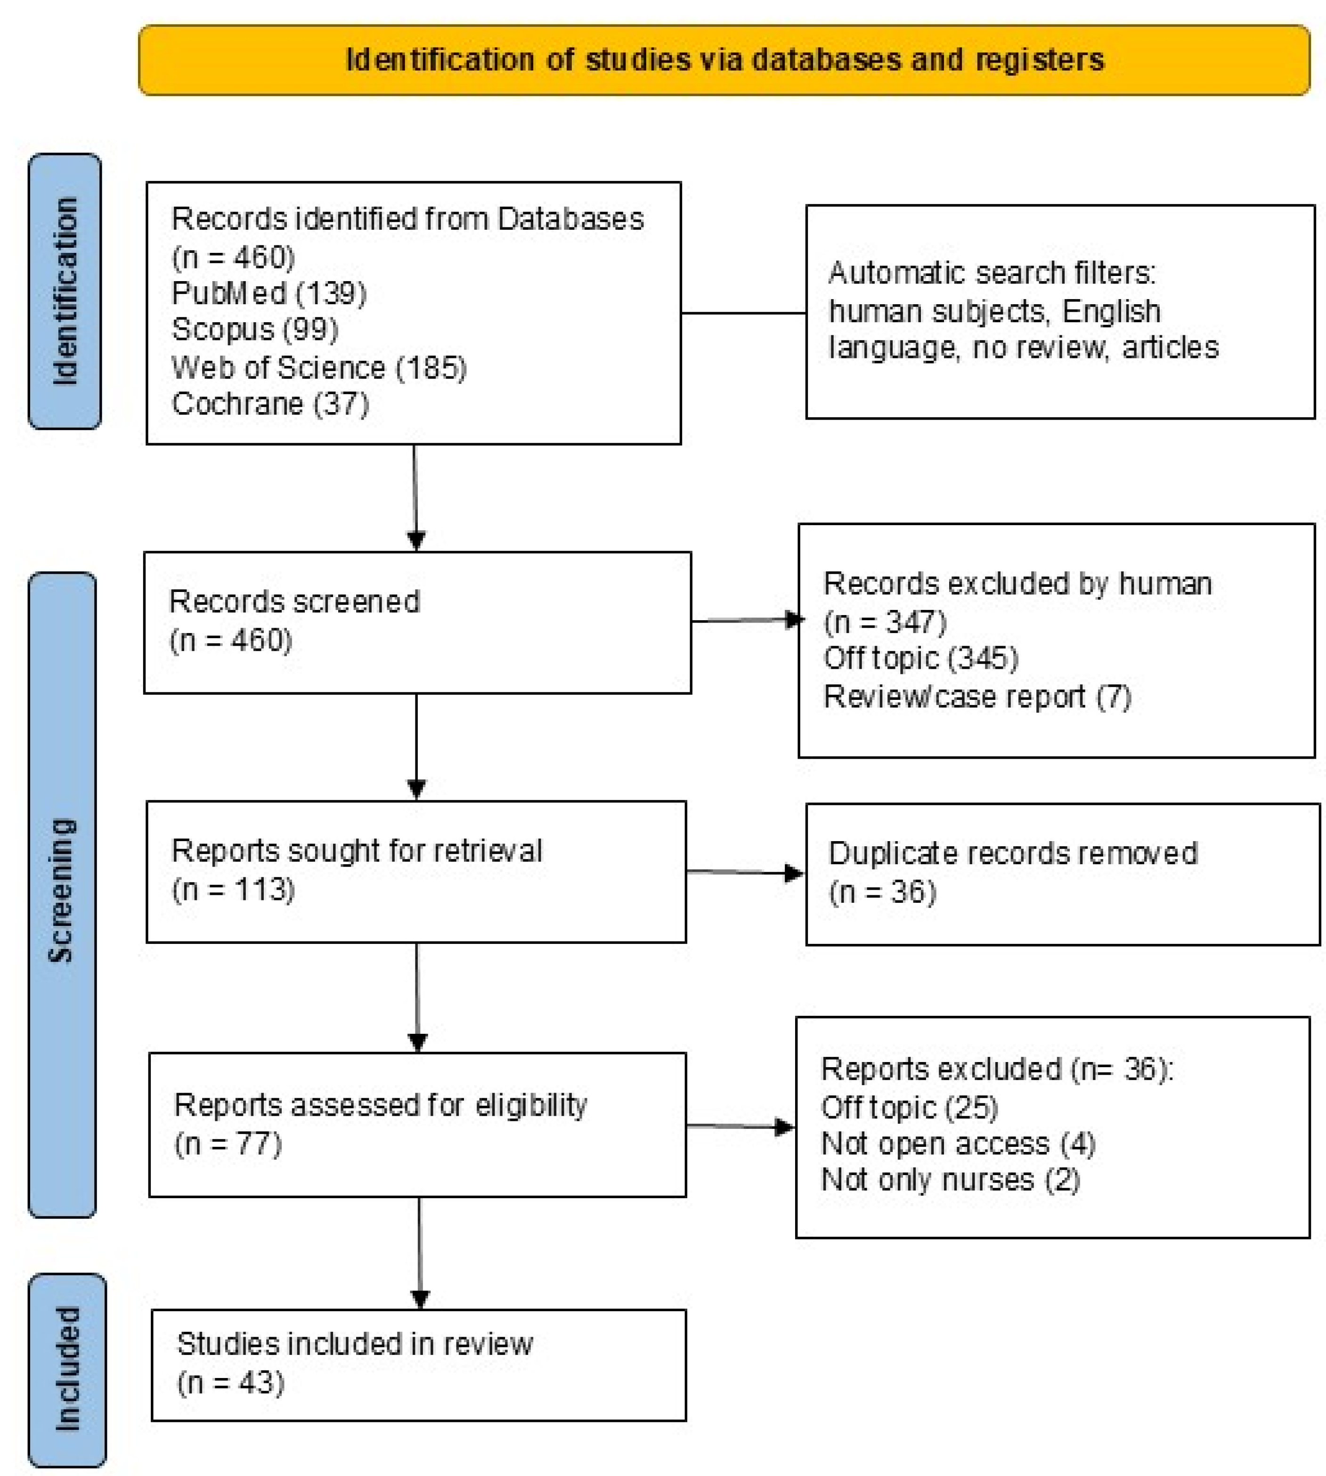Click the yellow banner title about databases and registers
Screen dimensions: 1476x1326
[x=724, y=60]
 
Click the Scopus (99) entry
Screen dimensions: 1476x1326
[x=255, y=330]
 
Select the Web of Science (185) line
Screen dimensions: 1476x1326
[x=318, y=367]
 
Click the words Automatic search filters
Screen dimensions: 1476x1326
[x=992, y=273]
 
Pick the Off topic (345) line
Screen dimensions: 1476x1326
[x=920, y=658]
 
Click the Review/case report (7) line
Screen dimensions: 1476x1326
[x=977, y=697]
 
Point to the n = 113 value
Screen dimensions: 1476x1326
[x=233, y=890]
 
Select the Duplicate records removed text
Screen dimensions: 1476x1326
[x=1013, y=853]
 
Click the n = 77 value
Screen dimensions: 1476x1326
[x=228, y=1144]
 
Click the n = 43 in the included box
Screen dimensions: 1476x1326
[x=230, y=1383]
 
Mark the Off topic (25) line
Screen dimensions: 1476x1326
[x=909, y=1107]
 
